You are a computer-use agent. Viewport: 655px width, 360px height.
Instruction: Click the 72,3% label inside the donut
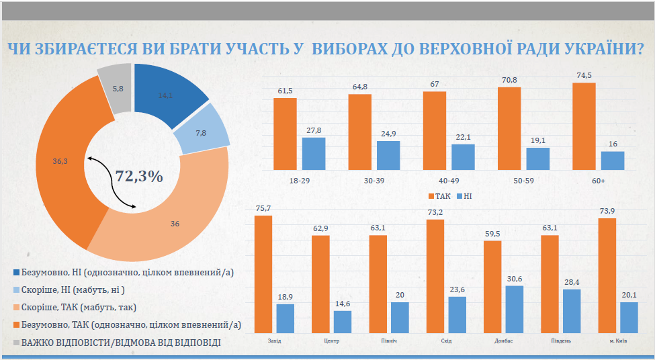(139, 177)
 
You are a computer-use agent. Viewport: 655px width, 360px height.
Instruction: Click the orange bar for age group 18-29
(285, 134)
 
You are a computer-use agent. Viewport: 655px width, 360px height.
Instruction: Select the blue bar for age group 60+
(612, 161)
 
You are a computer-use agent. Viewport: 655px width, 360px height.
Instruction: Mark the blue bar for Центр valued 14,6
(342, 322)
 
